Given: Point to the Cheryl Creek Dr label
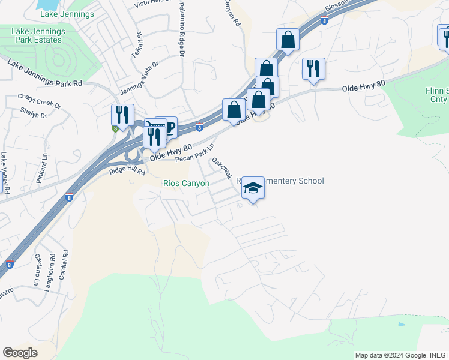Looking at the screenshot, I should coord(40,100).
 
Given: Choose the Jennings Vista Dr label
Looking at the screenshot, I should coord(139,77).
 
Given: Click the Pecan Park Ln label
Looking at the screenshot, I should coord(194,153).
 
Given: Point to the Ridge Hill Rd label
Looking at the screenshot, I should coord(127,172).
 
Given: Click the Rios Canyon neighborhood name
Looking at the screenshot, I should coord(186,183).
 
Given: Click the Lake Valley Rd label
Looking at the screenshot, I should coord(5,172).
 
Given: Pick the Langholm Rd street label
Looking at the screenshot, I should coord(52,263).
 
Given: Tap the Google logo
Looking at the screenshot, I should coord(20,352).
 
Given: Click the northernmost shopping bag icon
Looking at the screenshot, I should coord(288,40).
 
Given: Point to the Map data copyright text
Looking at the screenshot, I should coord(400,355).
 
